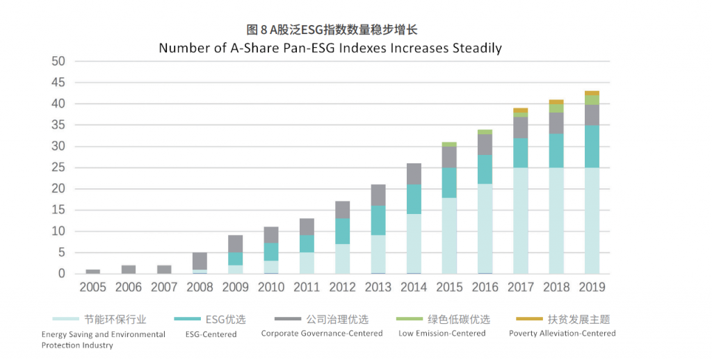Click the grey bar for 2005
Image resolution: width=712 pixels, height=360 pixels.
point(93,272)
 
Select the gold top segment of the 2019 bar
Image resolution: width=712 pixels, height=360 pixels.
point(592,93)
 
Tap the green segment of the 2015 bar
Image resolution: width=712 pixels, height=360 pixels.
point(449,145)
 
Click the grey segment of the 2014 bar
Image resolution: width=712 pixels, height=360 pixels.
point(413,174)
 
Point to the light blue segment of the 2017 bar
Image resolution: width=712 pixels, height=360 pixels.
point(520,221)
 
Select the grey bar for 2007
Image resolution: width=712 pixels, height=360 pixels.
point(164,270)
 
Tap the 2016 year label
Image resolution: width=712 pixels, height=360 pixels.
point(485,287)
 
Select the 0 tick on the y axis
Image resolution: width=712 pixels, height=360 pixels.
point(62,274)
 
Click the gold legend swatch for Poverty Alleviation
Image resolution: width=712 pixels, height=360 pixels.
point(526,319)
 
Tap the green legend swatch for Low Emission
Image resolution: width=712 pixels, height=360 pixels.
point(406,319)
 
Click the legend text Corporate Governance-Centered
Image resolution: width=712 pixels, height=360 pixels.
point(322,334)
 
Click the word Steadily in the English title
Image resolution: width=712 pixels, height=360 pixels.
point(477,48)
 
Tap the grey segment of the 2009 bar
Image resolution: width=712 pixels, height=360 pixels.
point(235,244)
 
